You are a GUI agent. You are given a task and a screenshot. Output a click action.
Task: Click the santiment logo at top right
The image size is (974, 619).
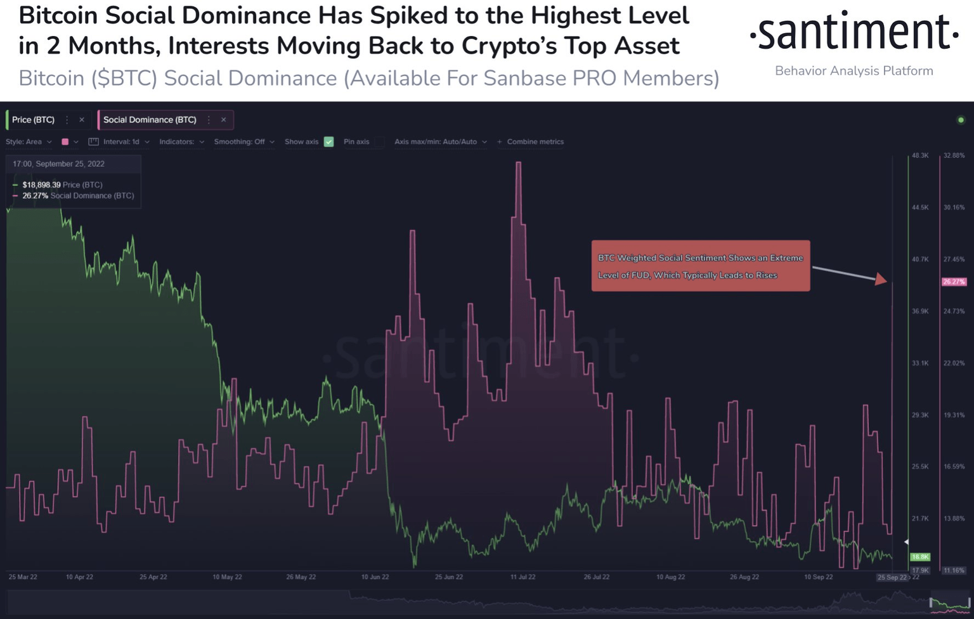coord(854,33)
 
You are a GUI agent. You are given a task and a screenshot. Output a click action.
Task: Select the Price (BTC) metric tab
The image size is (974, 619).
coord(33,120)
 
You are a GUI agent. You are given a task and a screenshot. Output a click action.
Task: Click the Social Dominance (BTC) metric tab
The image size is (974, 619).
coord(150,120)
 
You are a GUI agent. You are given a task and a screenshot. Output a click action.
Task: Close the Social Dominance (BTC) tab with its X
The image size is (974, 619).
coord(224,120)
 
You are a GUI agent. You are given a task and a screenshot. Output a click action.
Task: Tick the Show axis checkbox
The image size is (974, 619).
coord(328,142)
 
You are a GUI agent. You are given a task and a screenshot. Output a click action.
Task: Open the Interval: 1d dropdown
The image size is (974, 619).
coord(120,142)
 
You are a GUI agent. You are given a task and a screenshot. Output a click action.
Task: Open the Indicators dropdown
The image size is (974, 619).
coord(181,142)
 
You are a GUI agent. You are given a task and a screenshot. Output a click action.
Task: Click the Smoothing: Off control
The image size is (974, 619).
coord(243,142)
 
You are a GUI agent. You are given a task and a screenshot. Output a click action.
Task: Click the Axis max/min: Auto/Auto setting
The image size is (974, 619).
coord(440,142)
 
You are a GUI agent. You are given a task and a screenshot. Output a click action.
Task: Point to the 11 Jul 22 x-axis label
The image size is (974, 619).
coord(523,577)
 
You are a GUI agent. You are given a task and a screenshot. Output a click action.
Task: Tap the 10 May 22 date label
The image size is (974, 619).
coord(227,577)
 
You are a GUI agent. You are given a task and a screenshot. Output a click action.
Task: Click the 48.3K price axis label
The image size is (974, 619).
coord(920,155)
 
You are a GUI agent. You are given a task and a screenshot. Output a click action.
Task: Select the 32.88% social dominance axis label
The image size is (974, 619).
coord(954,155)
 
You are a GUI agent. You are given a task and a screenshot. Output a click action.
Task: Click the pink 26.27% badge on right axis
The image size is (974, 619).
coord(954,282)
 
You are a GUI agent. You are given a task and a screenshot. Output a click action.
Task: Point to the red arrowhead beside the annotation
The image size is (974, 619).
coord(881,279)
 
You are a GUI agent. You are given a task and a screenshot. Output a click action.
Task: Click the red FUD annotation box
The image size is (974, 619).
coord(700,266)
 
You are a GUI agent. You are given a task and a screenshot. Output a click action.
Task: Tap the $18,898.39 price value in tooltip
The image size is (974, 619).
coord(41,185)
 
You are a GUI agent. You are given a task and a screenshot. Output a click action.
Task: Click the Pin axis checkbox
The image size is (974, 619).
coord(379,142)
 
